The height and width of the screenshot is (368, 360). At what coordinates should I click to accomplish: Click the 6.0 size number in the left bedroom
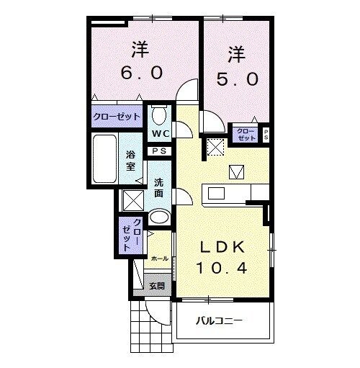click(x=142, y=72)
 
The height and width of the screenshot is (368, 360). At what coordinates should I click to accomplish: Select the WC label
click(x=160, y=133)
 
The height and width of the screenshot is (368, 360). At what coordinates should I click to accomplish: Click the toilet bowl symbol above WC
click(x=160, y=115)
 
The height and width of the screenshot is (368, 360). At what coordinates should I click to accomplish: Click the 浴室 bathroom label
click(x=130, y=160)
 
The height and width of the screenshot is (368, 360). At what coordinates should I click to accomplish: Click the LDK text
click(x=222, y=247)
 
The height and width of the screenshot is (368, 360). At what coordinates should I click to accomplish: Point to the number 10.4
click(x=223, y=269)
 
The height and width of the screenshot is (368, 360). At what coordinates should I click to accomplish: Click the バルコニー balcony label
click(x=221, y=321)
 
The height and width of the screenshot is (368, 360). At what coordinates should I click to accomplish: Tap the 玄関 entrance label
click(x=157, y=284)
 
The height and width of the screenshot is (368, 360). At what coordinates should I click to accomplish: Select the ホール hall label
click(x=160, y=258)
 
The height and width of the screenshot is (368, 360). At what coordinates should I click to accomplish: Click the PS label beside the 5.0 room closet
click(x=266, y=133)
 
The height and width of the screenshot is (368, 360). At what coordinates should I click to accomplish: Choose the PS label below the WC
click(x=159, y=151)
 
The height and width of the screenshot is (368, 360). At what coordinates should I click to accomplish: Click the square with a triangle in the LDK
click(x=236, y=171)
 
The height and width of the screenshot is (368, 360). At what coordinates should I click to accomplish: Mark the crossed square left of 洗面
click(x=133, y=199)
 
